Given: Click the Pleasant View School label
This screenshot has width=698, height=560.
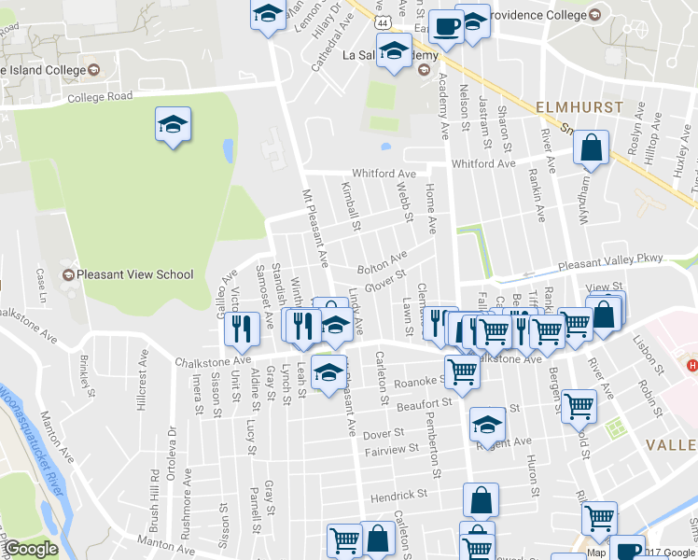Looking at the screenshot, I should click(x=135, y=274).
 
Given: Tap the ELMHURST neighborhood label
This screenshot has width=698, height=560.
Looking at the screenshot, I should click(x=579, y=108).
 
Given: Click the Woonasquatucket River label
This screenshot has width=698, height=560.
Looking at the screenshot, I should click(x=37, y=439).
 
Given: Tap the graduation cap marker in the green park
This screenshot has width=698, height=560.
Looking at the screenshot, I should click(x=173, y=125).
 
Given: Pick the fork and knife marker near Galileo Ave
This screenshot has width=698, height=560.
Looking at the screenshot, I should click(x=241, y=328).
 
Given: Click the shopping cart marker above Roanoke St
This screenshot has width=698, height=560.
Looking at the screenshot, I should click(x=462, y=371).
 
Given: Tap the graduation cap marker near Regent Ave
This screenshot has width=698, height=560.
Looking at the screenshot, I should click(x=486, y=425).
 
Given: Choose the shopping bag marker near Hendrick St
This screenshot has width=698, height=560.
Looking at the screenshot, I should click(x=482, y=499).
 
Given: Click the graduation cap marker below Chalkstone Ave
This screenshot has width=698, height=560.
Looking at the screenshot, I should click(x=328, y=373).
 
